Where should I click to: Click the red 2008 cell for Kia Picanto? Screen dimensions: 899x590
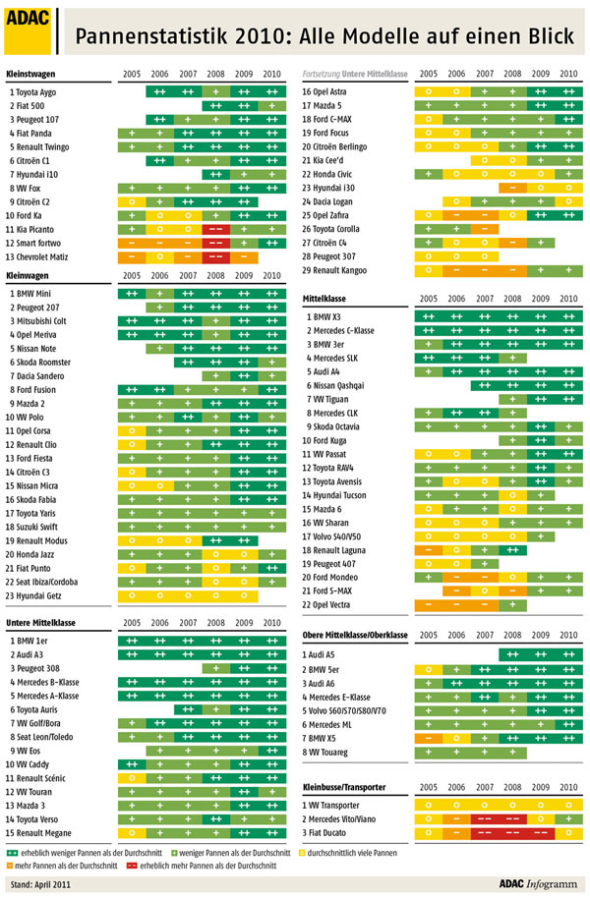point(215,228)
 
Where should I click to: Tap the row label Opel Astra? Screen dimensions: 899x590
point(330,90)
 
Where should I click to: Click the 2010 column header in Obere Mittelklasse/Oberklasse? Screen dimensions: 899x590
point(568,637)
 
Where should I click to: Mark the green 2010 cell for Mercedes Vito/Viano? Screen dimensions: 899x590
point(568,818)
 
